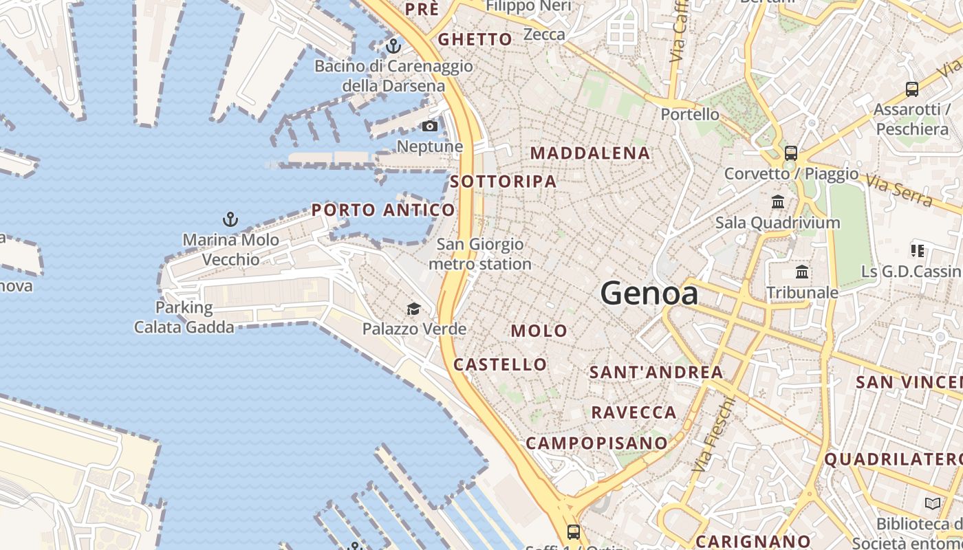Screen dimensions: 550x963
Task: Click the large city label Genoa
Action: [x=649, y=294]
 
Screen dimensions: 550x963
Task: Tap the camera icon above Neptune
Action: [x=429, y=126]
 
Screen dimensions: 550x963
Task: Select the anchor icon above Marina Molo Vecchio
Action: [x=230, y=220]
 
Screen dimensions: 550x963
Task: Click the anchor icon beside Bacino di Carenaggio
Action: [x=393, y=47]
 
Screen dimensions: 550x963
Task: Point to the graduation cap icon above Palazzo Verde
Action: [x=413, y=309]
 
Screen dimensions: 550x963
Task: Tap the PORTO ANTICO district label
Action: [x=383, y=210]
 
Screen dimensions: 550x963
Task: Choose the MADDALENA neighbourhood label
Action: [x=590, y=153]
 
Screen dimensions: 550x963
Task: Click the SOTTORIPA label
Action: [x=504, y=181]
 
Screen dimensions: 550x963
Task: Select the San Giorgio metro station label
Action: [x=480, y=254]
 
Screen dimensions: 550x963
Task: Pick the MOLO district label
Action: [x=539, y=331]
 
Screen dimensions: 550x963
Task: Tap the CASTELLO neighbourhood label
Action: [x=500, y=364]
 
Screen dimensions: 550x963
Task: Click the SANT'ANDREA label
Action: [x=656, y=373]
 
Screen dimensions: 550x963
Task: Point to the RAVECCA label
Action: [x=634, y=412]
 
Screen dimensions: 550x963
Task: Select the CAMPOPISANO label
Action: [x=596, y=443]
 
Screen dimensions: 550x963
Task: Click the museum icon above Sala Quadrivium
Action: [x=778, y=202]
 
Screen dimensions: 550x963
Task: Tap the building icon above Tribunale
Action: [x=802, y=272]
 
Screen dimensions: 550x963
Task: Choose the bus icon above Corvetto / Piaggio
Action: [x=791, y=153]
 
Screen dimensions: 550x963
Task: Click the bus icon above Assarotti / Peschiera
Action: [x=912, y=89]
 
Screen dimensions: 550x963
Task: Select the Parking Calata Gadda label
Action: [x=184, y=317]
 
